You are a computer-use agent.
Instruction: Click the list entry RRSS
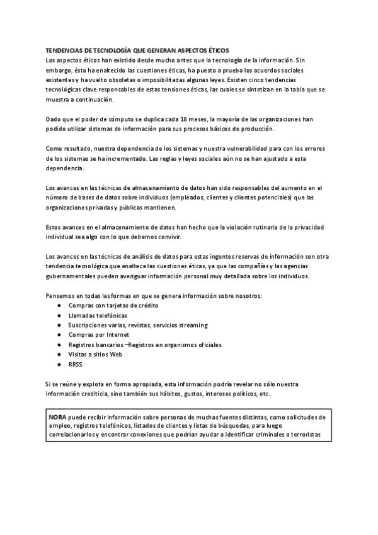coord(76,365)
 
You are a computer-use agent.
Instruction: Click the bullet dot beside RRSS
coord(59,365)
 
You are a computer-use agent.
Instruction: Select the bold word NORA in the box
coord(58,417)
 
